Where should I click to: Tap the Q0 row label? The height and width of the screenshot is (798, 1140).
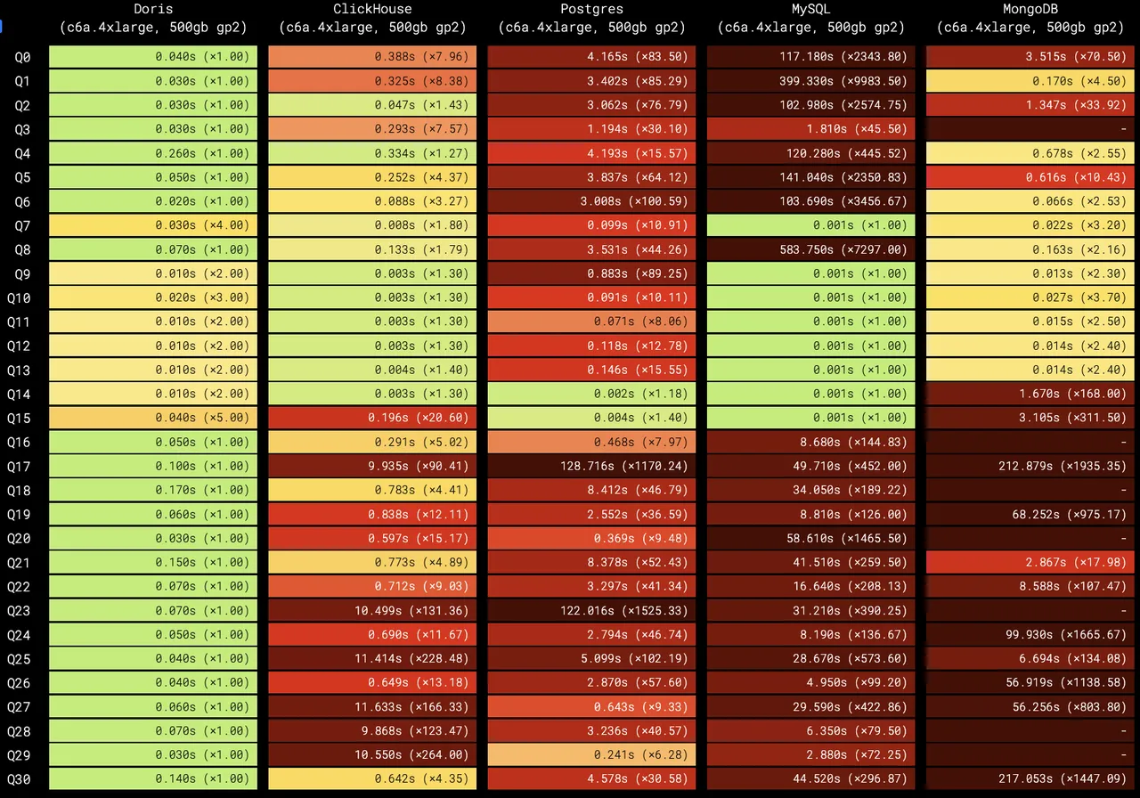[22, 57]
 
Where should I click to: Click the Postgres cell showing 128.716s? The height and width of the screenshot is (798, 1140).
[591, 466]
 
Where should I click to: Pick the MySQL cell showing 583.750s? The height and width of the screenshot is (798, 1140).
[810, 249]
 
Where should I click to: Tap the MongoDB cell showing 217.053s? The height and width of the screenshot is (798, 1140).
[1030, 778]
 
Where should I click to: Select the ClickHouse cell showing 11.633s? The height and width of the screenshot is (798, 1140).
[372, 706]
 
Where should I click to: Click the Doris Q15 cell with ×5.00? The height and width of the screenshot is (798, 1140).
[153, 418]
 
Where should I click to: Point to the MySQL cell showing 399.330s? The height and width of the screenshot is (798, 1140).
[810, 81]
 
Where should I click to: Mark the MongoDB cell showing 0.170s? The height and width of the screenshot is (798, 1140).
[1030, 81]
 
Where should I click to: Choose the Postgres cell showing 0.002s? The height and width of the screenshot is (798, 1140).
[591, 394]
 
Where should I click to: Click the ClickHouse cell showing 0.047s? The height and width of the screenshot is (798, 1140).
[372, 105]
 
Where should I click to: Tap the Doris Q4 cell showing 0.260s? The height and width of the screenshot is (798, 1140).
[153, 153]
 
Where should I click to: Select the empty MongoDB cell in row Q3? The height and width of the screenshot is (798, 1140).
[1030, 129]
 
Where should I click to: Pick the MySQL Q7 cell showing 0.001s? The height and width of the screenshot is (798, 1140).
[810, 225]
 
